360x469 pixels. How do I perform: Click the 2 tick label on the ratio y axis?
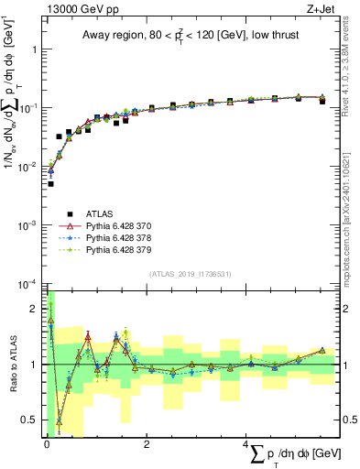[35, 309]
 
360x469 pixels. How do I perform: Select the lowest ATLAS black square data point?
[50, 184]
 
